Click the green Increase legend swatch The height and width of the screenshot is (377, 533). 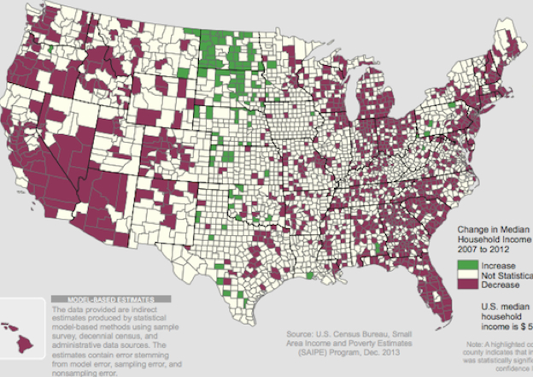click(466, 266)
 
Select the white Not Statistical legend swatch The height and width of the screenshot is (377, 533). click(466, 274)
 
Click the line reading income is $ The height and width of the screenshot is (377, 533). click(505, 326)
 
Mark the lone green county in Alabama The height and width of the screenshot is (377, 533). click(376, 249)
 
